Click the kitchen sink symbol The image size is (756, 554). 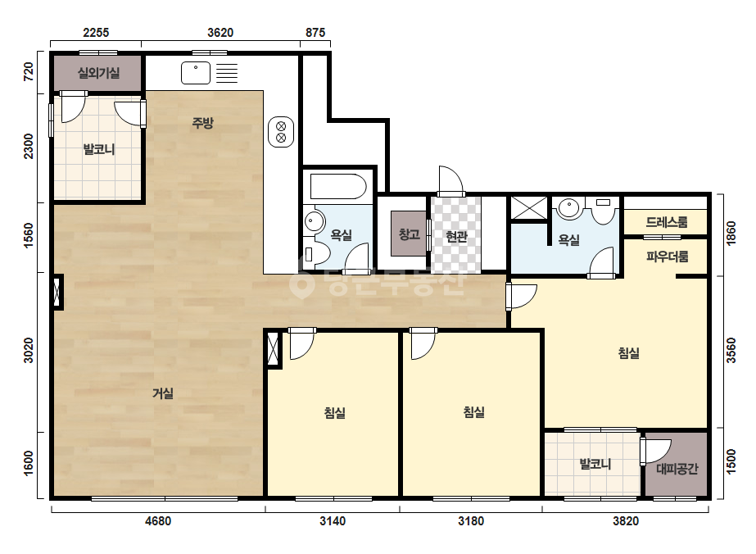196,73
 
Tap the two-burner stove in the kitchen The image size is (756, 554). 281,132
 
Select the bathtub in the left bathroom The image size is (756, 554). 338,186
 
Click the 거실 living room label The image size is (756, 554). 163,393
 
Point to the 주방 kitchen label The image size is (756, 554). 202,123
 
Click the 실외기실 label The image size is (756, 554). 98,73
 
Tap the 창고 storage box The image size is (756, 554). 409,234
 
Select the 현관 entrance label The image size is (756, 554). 456,237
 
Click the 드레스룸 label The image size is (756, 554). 667,222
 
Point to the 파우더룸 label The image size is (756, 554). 668,257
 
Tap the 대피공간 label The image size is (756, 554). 677,469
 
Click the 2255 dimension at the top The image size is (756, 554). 96,32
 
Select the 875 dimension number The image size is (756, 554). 315,32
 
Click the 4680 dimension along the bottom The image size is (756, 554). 158,521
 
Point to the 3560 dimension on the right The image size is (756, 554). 731,351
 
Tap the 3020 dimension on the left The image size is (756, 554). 29,351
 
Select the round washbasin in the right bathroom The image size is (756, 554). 569,208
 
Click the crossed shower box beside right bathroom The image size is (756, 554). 529,208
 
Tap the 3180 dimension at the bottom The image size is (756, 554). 471,521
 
